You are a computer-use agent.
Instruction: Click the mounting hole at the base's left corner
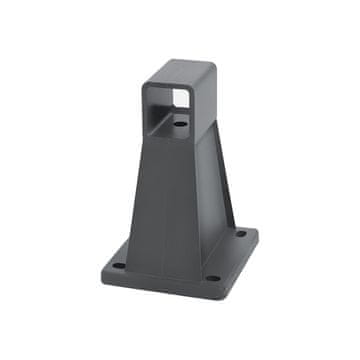[x=118, y=266]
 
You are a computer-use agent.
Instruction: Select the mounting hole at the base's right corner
[x=240, y=233]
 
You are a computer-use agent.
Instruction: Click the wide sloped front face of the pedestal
[x=165, y=200]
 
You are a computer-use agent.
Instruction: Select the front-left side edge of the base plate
[x=155, y=286]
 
